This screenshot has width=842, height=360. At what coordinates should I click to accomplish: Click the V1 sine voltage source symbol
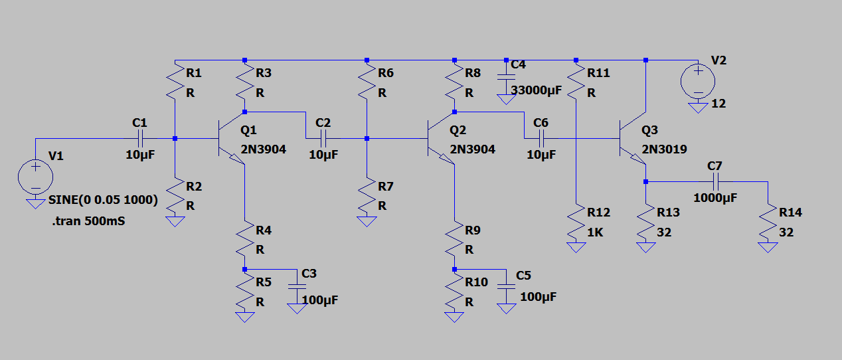35,176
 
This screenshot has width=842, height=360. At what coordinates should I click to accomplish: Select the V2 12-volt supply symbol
698,81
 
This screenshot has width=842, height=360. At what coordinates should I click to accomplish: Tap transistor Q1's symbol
230,139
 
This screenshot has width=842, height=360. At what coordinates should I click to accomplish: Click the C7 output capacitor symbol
715,181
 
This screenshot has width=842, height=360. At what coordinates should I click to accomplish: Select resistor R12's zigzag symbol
576,224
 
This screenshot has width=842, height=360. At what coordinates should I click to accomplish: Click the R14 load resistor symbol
768,224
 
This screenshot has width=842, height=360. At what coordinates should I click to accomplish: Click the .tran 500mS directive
88,221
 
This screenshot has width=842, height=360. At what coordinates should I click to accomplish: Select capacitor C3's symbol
296,286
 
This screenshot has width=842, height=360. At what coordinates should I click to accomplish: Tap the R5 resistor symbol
245,290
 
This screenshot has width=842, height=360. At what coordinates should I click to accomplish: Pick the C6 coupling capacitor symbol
541,139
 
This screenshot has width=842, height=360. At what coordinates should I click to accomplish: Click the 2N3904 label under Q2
471,149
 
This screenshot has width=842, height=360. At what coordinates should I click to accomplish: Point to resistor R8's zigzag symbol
455,83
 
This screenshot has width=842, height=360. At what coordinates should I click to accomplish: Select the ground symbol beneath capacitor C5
506,308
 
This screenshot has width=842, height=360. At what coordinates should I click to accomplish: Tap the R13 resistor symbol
645,224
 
